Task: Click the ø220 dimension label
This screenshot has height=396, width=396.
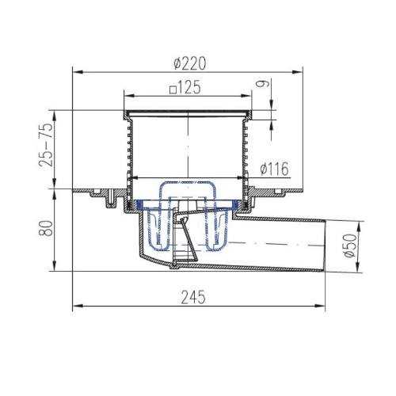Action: pos(189,63)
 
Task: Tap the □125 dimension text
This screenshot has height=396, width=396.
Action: pos(185,87)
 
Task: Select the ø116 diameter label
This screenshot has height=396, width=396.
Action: pos(274,169)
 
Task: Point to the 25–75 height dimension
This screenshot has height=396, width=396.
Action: pos(46,144)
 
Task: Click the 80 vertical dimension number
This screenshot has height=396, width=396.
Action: pos(46,228)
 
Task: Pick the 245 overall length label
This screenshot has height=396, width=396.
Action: pos(193,297)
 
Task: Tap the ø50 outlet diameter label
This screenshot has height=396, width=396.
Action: pos(352,246)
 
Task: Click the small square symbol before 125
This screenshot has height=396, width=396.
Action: pos(173,90)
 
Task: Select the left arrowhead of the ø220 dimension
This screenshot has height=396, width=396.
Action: pos(78,71)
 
